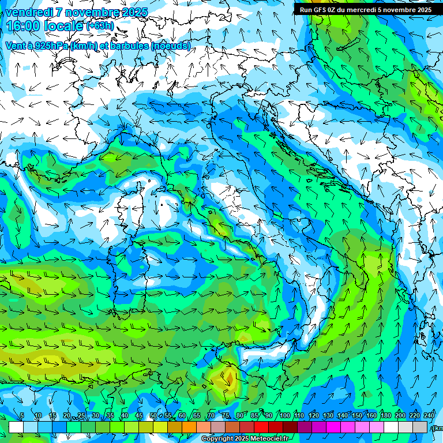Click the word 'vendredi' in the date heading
[29, 12]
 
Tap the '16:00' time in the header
[24, 26]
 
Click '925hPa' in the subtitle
[50, 46]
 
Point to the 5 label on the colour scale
[22, 416]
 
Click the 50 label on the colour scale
[153, 416]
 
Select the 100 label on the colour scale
[284, 416]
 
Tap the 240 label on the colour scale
[429, 416]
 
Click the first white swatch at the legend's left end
[16, 427]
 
